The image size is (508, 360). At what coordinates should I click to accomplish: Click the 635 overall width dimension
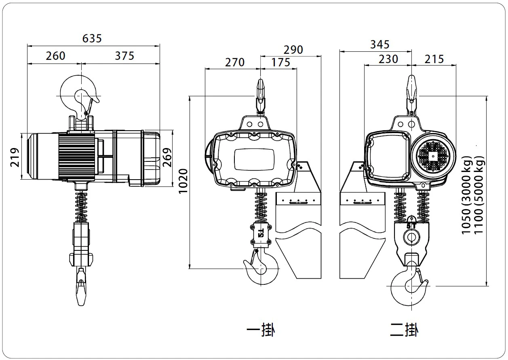point(92,38)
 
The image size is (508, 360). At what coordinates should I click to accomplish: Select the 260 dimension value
point(55,55)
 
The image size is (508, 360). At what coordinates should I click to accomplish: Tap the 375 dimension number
point(124,55)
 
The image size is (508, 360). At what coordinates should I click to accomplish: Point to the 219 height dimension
point(14,157)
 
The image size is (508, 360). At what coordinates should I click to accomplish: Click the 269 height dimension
point(167,157)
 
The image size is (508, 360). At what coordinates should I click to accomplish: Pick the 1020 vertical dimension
point(183,181)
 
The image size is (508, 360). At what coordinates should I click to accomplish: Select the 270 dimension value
point(235,62)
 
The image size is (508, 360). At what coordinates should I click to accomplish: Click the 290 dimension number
point(293,49)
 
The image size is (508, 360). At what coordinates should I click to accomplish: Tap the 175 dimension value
point(280,62)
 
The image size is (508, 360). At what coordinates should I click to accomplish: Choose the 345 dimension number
point(379,44)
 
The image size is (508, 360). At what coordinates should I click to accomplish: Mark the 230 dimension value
point(388,59)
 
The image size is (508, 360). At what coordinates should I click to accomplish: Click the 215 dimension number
point(434,59)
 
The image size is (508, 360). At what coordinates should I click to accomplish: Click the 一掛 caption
point(261,330)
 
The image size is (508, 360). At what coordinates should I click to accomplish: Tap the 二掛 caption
point(404,330)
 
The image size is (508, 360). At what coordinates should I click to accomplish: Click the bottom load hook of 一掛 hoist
point(262,270)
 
